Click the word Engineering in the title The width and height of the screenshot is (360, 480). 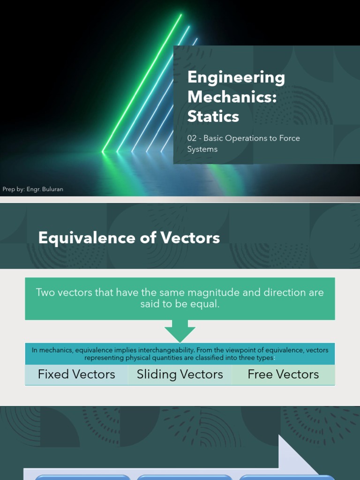(236, 78)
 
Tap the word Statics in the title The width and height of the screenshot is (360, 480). (213, 116)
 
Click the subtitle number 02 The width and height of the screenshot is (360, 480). (192, 138)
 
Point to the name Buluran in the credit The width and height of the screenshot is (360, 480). (51, 189)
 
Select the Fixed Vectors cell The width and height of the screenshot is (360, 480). (76, 375)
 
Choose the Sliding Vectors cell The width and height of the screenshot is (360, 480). (180, 375)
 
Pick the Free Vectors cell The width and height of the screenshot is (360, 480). (283, 375)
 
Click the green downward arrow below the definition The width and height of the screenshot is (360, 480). (180, 332)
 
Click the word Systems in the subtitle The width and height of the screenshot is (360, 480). (202, 150)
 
